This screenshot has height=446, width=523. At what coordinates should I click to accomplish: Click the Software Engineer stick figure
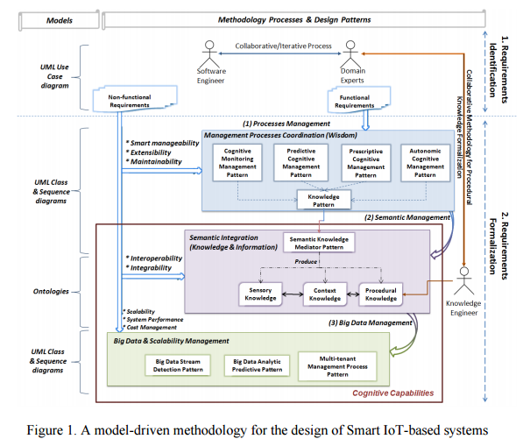click(x=209, y=54)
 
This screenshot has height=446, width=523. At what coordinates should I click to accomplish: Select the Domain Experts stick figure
click(x=350, y=54)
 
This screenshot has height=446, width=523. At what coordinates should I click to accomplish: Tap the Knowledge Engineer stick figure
click(x=464, y=280)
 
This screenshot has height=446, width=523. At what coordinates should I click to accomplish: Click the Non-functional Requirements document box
click(x=134, y=99)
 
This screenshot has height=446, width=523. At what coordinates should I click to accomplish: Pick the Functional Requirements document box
click(x=359, y=99)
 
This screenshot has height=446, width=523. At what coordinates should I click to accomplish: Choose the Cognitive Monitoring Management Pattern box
click(x=237, y=163)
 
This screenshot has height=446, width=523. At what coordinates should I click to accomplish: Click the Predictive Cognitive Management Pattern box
click(x=300, y=163)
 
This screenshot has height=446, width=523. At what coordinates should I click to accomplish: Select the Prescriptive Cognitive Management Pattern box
click(x=366, y=163)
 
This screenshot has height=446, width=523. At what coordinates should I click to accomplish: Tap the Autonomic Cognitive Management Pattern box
click(x=425, y=163)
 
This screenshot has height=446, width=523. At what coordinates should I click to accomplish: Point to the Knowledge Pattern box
click(x=323, y=200)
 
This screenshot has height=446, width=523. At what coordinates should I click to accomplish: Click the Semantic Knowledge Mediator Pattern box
click(x=319, y=243)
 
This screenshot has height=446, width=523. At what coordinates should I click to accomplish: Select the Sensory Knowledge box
click(x=260, y=294)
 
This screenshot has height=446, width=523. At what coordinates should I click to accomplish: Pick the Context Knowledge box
click(x=325, y=294)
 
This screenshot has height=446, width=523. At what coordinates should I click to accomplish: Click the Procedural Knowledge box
click(x=380, y=294)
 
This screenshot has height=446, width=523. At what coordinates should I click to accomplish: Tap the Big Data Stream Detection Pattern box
click(x=178, y=365)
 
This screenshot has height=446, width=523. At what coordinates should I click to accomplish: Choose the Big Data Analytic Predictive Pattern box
click(x=257, y=365)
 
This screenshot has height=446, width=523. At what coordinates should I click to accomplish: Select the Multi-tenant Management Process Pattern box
click(x=337, y=366)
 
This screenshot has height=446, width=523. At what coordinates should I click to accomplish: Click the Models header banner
click(x=59, y=20)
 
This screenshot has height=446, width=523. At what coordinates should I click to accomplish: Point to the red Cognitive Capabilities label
click(x=393, y=393)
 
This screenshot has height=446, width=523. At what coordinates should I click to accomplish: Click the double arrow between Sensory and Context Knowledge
click(x=293, y=294)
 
